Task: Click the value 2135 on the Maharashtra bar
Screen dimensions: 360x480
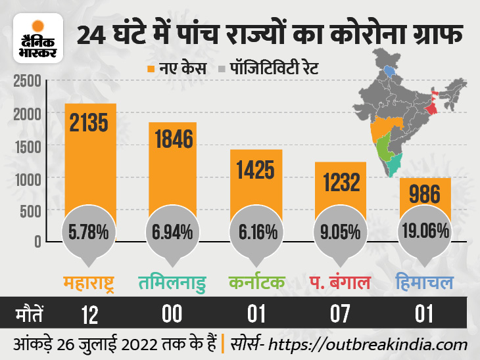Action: point(90,123)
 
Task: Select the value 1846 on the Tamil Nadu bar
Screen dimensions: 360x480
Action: point(174,140)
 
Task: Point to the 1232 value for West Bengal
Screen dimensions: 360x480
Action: point(341,181)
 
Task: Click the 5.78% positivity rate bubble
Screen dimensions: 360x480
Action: point(90,231)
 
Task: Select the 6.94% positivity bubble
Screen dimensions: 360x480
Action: point(174,231)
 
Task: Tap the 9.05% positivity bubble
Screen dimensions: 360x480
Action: point(341,231)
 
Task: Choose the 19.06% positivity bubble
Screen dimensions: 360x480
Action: point(424,231)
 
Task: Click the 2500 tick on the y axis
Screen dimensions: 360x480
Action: point(26,82)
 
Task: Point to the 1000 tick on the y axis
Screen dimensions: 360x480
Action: point(26,179)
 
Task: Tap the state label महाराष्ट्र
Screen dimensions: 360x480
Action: point(91,283)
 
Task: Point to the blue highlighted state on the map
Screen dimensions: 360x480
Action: point(391,70)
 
